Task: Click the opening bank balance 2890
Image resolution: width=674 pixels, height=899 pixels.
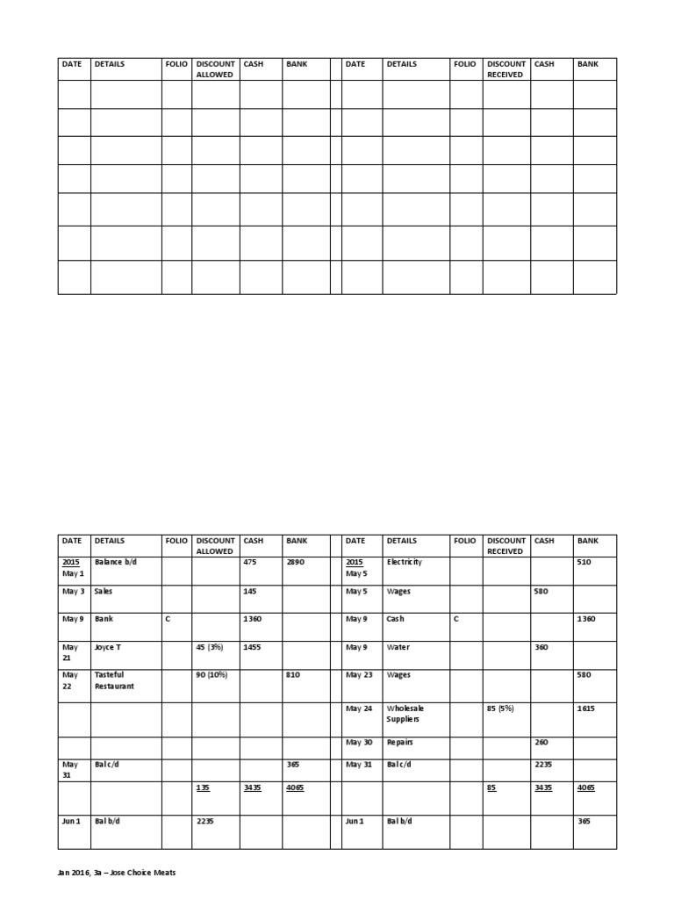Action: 295,562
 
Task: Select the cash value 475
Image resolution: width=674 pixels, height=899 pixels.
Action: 250,562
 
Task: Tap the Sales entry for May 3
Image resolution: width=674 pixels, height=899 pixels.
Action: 104,592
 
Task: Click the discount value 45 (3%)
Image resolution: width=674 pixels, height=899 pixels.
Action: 211,647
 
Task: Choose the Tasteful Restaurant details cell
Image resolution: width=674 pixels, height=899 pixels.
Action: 114,680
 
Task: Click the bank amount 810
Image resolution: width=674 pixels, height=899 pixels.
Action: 293,674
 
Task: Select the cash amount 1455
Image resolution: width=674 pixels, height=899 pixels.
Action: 253,647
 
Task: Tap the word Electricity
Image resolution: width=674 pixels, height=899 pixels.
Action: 404,562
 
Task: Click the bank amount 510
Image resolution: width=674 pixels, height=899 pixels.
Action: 584,562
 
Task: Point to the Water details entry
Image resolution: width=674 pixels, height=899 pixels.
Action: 398,647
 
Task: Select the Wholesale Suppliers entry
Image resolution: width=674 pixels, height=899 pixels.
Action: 404,713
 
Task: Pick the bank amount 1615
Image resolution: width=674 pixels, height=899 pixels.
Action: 586,708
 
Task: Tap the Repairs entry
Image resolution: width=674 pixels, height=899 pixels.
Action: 400,742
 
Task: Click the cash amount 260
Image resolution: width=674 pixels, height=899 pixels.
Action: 541,742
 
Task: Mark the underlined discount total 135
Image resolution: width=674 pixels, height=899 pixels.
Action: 202,788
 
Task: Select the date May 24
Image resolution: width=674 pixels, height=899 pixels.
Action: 359,708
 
